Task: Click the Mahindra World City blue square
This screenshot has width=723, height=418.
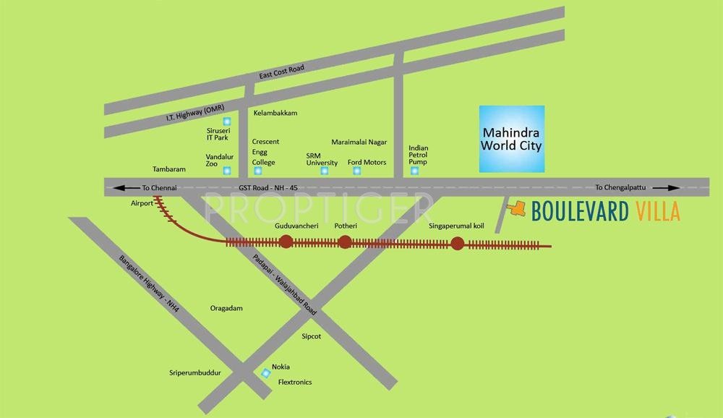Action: click(x=513, y=139)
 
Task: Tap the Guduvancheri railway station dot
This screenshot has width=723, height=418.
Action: click(x=286, y=242)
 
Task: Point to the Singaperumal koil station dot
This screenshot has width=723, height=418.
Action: click(x=457, y=244)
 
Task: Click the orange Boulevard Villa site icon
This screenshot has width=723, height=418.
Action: click(x=515, y=209)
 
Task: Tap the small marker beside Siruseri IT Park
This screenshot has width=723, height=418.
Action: click(x=226, y=121)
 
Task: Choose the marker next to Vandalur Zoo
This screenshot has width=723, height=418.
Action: click(x=227, y=171)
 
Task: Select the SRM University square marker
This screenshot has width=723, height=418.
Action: click(x=324, y=171)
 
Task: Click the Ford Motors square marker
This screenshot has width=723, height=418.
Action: click(x=356, y=171)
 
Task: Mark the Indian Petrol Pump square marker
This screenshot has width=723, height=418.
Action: click(x=414, y=171)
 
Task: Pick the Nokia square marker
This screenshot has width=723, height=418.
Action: click(x=266, y=372)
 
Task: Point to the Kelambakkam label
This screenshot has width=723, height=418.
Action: click(x=275, y=114)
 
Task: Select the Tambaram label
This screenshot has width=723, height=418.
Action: click(x=169, y=169)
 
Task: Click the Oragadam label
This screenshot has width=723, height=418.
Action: click(x=226, y=308)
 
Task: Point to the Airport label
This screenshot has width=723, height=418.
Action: click(x=142, y=203)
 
